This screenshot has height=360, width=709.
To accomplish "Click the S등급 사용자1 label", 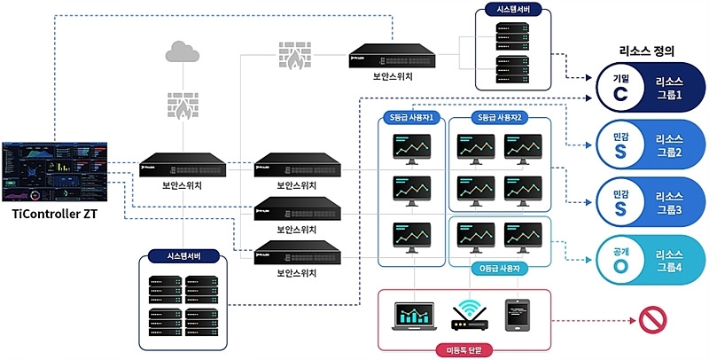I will pos(412,116).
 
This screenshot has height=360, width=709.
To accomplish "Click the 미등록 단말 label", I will pos(464,348).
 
